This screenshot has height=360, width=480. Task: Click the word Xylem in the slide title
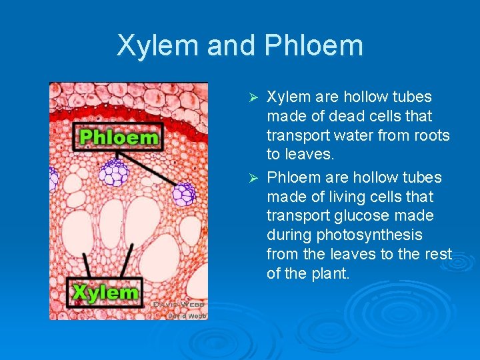click(157, 45)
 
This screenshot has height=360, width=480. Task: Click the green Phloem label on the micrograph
click(119, 138)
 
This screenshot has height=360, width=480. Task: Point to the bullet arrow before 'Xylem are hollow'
click(253, 98)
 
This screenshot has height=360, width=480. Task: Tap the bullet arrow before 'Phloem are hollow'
click(253, 178)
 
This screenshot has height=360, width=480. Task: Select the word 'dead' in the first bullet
click(340, 116)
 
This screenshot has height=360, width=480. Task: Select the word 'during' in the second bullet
click(287, 235)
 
